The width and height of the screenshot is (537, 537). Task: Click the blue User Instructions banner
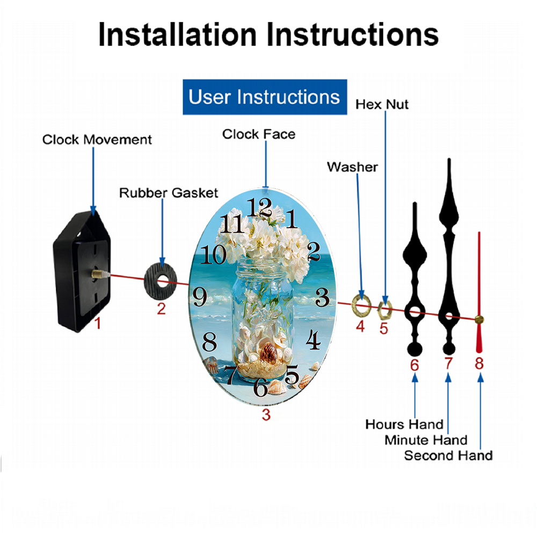[264, 97]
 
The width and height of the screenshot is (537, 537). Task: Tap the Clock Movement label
[97, 140]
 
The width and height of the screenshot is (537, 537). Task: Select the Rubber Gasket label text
[169, 192]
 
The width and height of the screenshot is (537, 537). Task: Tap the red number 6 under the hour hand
[415, 365]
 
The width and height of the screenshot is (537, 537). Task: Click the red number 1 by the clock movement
[97, 323]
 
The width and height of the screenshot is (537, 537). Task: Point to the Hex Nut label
[382, 104]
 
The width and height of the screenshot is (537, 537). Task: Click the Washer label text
[352, 167]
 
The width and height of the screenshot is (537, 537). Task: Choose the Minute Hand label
[426, 440]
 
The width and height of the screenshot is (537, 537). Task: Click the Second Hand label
[448, 455]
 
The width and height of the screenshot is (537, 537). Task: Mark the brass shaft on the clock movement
[98, 274]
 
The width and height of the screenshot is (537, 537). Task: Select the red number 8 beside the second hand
[479, 364]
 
